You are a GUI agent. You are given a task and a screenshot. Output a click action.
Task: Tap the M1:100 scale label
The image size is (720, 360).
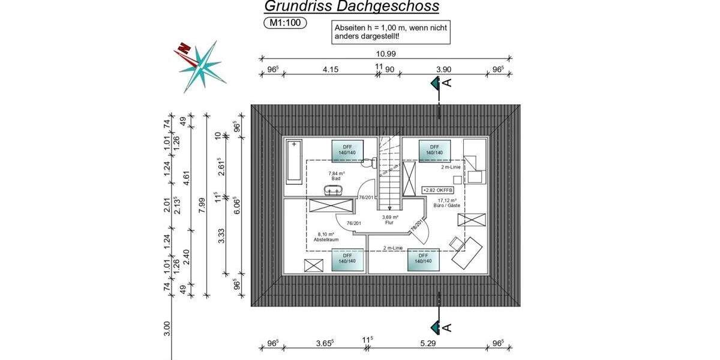[x=284, y=23]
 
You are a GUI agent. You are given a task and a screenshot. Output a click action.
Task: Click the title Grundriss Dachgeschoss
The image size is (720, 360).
[x=352, y=7]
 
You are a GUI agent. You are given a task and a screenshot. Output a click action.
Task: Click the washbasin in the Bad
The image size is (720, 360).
[x=332, y=190]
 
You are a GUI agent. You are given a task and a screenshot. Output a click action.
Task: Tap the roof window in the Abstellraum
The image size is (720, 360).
[x=344, y=260]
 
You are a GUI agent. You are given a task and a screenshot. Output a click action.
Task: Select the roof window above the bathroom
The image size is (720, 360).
[x=348, y=150]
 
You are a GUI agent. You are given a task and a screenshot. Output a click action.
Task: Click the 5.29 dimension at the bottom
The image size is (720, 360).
[x=427, y=344]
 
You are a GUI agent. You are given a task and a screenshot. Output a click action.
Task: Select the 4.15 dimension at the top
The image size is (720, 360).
[x=331, y=70]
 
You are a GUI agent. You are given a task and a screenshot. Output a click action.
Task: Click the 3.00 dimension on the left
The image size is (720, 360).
[x=167, y=328]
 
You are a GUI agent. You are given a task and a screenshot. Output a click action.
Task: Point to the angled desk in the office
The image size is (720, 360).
[x=467, y=253]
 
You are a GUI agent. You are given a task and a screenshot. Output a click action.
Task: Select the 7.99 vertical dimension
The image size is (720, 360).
[x=202, y=205]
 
